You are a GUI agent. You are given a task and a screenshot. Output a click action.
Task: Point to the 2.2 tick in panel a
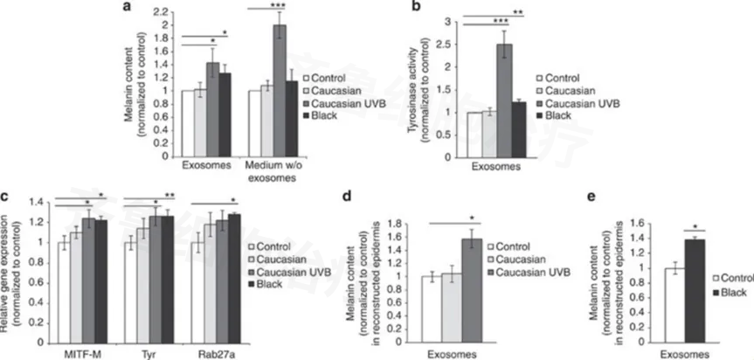coord(160,11)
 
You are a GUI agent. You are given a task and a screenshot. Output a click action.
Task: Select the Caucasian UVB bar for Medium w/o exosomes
coord(280,83)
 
